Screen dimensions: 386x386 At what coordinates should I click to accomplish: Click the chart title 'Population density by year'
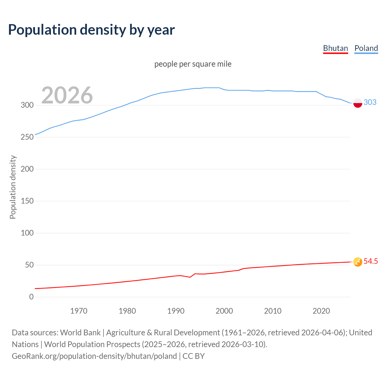(91, 30)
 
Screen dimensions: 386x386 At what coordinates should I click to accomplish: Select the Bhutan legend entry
(335, 48)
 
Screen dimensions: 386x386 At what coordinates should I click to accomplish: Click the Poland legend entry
(366, 48)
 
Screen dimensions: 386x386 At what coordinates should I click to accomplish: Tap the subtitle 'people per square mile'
(193, 64)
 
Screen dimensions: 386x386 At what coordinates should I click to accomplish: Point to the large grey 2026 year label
(67, 95)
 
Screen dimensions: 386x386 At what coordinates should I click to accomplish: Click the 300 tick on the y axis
(27, 105)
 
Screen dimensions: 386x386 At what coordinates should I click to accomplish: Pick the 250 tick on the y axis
(27, 137)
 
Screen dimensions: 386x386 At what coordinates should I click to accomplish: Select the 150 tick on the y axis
(27, 201)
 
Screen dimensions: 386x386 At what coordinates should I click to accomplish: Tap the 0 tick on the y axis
(31, 297)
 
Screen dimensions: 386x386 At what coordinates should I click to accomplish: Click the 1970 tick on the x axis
(79, 311)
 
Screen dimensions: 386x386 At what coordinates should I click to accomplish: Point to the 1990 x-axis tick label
(176, 311)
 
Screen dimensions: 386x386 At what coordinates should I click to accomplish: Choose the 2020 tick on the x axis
(321, 311)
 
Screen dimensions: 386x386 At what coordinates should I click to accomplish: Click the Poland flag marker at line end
(358, 103)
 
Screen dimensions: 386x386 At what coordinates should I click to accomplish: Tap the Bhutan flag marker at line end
(358, 262)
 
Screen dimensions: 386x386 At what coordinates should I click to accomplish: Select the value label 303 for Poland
(370, 102)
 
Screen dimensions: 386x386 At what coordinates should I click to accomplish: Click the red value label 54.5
(371, 261)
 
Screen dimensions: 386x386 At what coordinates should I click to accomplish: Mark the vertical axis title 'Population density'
(13, 187)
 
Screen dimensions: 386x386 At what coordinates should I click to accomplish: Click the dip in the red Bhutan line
(190, 277)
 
